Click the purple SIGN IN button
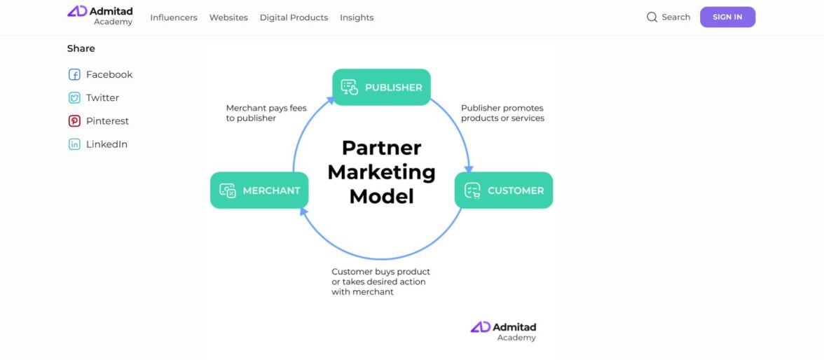pos(727,17)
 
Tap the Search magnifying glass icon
pos(652,18)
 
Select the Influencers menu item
pos(174,18)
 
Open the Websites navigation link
pos(228,18)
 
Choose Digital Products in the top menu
pos(294,18)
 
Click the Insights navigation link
pos(357,18)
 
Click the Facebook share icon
pos(74,75)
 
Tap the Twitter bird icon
pos(74,98)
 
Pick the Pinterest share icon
pos(74,121)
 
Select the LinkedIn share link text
pos(107,144)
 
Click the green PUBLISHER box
pos(381,88)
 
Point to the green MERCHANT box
pos(259,191)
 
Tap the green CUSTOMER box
pos(503,191)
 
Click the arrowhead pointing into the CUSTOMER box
pos(469,169)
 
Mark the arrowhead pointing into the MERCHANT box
pos(304,212)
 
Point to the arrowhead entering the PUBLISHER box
pos(331,100)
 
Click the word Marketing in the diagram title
pos(381,172)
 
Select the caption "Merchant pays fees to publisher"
pos(266,113)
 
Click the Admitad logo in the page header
pos(99,16)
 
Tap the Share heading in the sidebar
pos(81,48)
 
